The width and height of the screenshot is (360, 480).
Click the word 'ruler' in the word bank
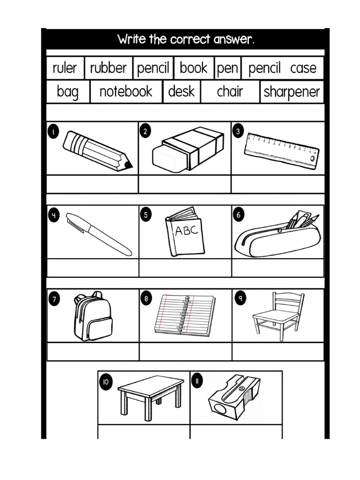[64, 68]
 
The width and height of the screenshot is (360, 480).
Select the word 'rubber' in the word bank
[108, 68]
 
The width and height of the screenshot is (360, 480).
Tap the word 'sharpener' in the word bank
[292, 92]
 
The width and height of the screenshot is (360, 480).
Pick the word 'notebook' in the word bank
[126, 91]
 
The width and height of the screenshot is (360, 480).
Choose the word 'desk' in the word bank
[181, 91]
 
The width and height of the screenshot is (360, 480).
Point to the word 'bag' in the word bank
[67, 92]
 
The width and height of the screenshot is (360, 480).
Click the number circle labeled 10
[105, 382]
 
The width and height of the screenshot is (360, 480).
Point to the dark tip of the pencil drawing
[128, 165]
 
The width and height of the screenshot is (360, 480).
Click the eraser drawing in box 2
[187, 149]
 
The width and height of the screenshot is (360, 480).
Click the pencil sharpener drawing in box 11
[233, 397]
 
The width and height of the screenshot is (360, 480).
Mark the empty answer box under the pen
[93, 268]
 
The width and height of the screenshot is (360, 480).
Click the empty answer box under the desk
[144, 431]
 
